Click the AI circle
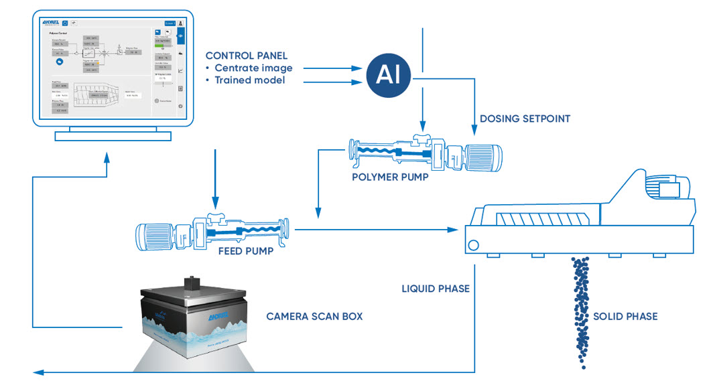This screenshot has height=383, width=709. pyautogui.click(x=388, y=76)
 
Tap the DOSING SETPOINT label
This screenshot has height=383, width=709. pyautogui.click(x=525, y=119)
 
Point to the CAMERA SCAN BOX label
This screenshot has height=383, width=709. pyautogui.click(x=314, y=316)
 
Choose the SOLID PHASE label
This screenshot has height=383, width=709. pyautogui.click(x=625, y=316)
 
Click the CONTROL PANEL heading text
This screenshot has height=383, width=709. pyautogui.click(x=247, y=56)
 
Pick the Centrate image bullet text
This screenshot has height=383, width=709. pyautogui.click(x=253, y=68)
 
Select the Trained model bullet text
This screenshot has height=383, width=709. pyautogui.click(x=249, y=80)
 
